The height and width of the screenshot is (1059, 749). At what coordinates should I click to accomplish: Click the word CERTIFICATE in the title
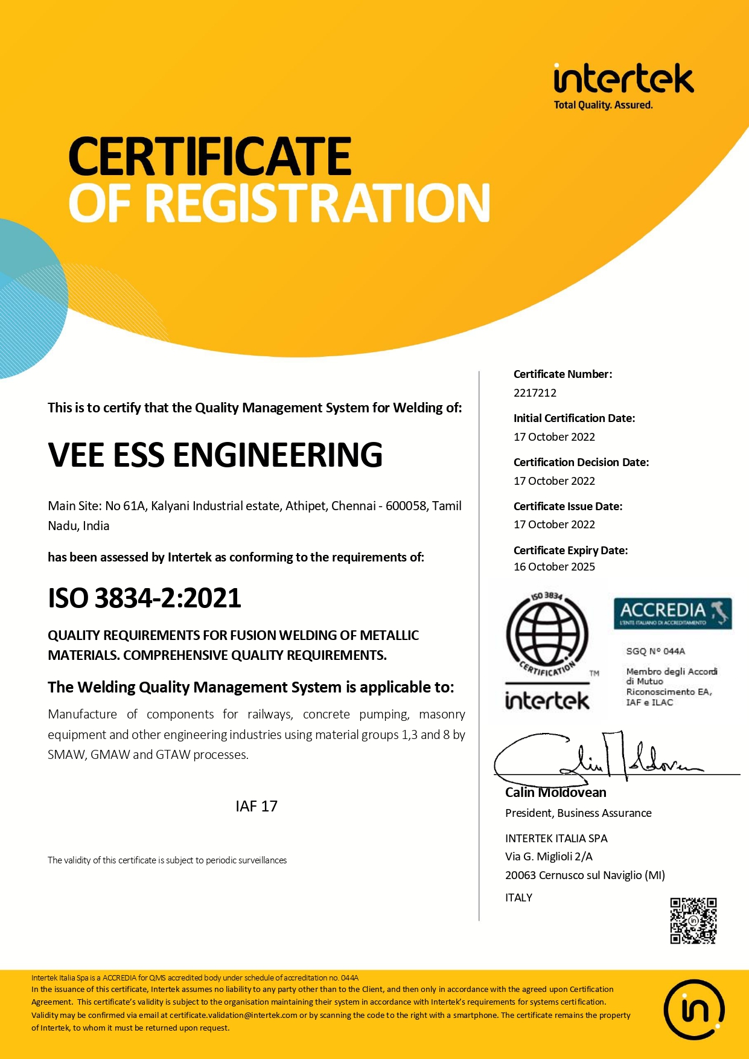coord(209,156)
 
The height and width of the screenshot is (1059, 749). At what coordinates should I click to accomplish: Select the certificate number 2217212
coord(535,393)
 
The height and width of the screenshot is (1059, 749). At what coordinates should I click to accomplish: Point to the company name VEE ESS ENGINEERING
coord(215,455)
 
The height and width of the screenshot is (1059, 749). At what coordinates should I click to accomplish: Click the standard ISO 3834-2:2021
coord(144,598)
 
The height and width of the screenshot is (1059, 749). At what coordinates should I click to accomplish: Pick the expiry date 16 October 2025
coord(554,567)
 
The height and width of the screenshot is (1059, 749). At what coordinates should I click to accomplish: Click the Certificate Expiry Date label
coord(570,550)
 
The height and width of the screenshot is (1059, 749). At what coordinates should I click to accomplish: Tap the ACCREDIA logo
coord(672,613)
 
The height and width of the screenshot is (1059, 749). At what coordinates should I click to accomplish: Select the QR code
coord(693,921)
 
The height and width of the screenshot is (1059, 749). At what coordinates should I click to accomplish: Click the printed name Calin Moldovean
coord(555,793)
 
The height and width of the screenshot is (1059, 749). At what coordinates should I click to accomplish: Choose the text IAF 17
coord(257,807)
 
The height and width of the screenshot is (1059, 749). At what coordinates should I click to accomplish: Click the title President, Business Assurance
coord(578,813)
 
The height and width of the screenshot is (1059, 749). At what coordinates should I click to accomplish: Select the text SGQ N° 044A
coord(655,651)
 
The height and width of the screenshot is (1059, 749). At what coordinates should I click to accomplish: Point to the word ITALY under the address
coord(518,898)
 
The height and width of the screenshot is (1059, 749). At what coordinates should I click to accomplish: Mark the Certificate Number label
coord(563,374)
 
